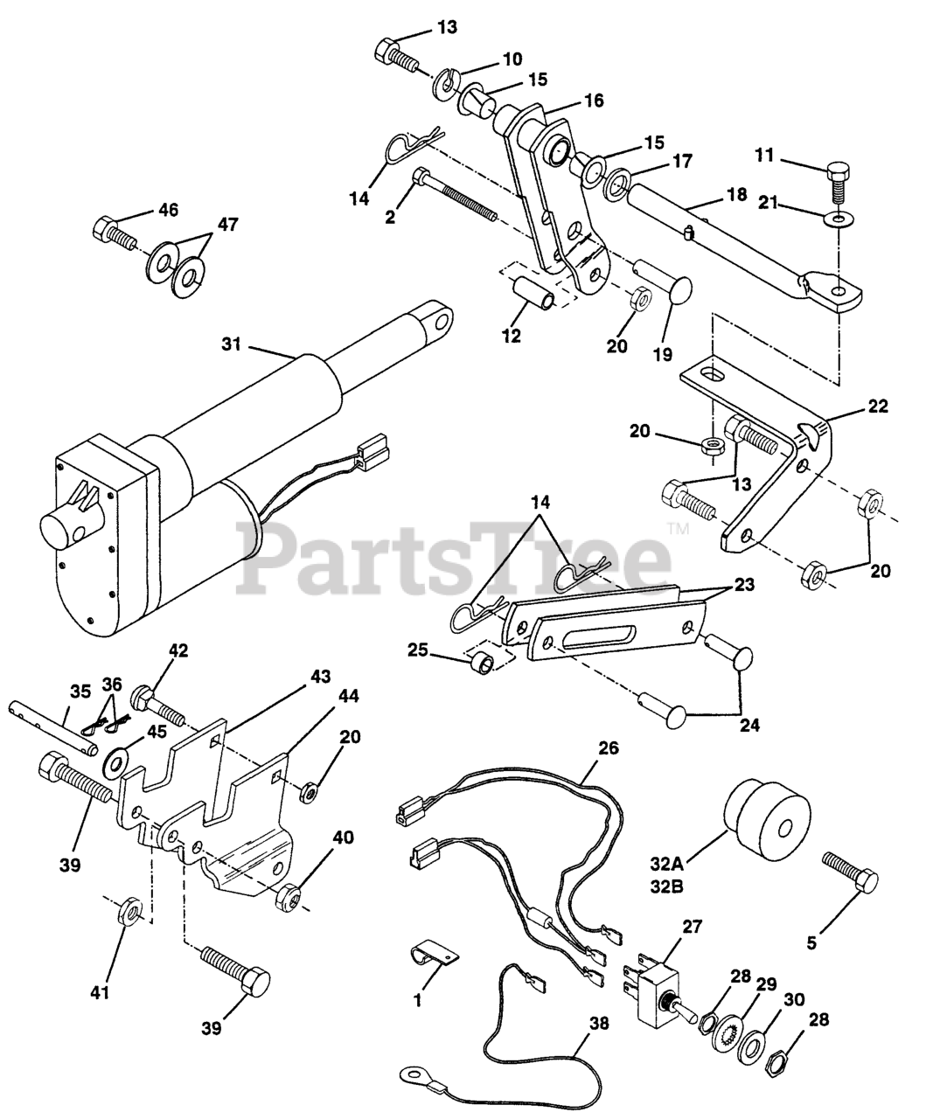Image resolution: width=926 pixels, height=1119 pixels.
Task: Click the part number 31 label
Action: [x=230, y=345]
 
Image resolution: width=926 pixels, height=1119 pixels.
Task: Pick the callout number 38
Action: [x=596, y=1046]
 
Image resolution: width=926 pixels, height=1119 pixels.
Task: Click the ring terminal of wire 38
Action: [x=413, y=1072]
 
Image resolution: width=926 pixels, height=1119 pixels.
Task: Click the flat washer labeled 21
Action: [x=839, y=216]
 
